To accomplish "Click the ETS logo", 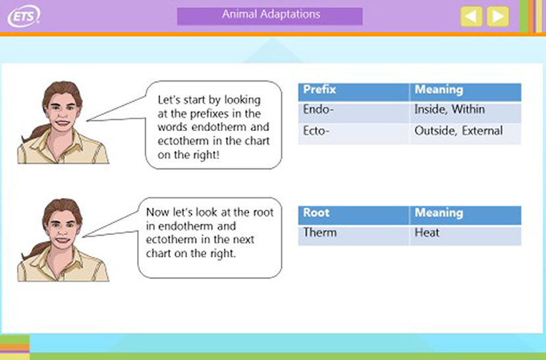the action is (x=24, y=16).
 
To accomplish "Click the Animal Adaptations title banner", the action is (x=270, y=16).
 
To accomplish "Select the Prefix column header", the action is (x=354, y=92).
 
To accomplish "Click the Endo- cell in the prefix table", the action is (x=354, y=112).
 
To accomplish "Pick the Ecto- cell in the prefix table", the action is (x=354, y=133).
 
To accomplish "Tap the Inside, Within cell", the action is (x=466, y=112).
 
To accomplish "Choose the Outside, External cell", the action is (x=466, y=133).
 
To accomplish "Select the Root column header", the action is (x=354, y=215).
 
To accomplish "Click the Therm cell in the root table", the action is (x=354, y=235).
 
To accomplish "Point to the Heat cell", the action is (x=466, y=235).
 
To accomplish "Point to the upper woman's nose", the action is (x=63, y=113).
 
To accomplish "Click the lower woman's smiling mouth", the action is (x=62, y=240).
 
